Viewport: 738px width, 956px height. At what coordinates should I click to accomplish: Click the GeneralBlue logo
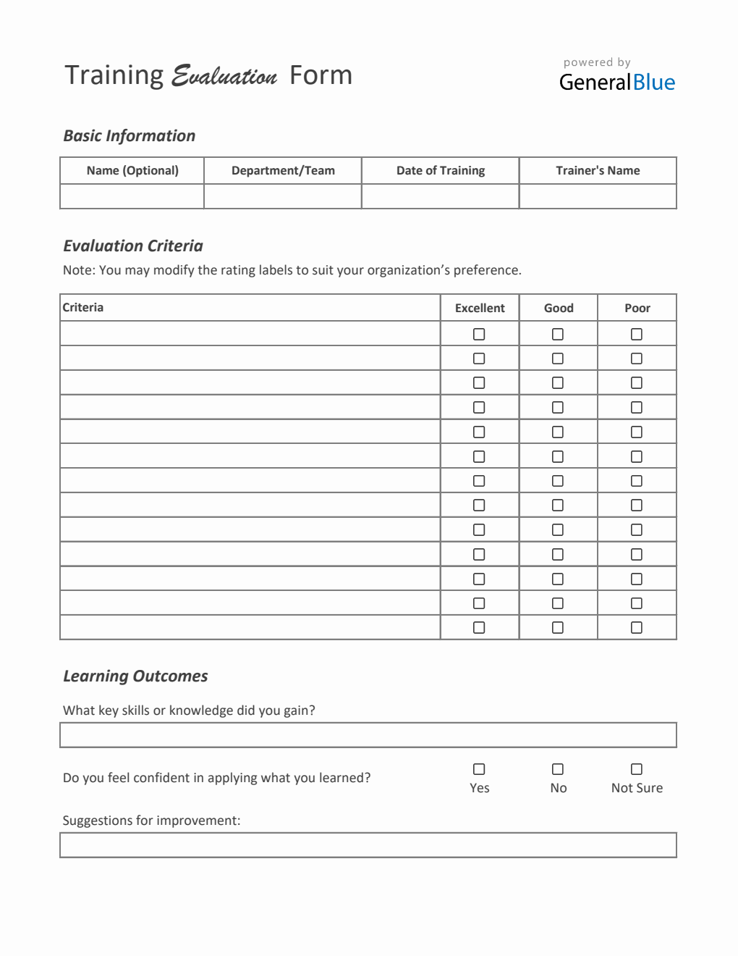pos(616,82)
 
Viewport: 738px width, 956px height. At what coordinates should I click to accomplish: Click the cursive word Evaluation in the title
pos(224,76)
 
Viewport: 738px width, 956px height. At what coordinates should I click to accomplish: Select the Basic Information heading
pos(130,136)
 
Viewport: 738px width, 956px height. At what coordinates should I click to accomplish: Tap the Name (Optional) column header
pos(132,171)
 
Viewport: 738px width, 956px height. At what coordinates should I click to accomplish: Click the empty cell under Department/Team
pos(283,196)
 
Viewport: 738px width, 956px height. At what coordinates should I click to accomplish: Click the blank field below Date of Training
pos(441,196)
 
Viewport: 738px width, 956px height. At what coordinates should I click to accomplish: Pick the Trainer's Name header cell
pos(598,171)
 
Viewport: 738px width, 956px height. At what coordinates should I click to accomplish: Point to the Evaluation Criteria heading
pos(133,246)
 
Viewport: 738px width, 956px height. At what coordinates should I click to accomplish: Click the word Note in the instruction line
pos(78,270)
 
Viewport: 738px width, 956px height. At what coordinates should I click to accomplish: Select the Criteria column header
pos(83,308)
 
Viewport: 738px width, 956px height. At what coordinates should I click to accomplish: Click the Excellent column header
pos(480,308)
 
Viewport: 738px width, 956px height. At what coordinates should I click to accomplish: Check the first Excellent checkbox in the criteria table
pos(479,334)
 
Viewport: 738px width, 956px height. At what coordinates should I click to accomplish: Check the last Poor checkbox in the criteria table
pos(637,627)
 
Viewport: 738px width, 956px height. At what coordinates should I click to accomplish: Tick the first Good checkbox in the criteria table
pos(558,334)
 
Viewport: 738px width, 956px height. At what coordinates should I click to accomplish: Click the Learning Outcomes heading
pos(135,676)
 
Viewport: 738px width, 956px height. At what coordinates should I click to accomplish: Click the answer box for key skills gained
pos(368,735)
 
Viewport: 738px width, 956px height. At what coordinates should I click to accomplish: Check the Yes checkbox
pos(479,769)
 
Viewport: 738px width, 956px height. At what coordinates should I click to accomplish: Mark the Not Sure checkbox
pos(637,769)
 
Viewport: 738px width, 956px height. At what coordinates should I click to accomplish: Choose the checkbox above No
pos(558,769)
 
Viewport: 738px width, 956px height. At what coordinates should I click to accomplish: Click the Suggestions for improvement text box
pos(368,845)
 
